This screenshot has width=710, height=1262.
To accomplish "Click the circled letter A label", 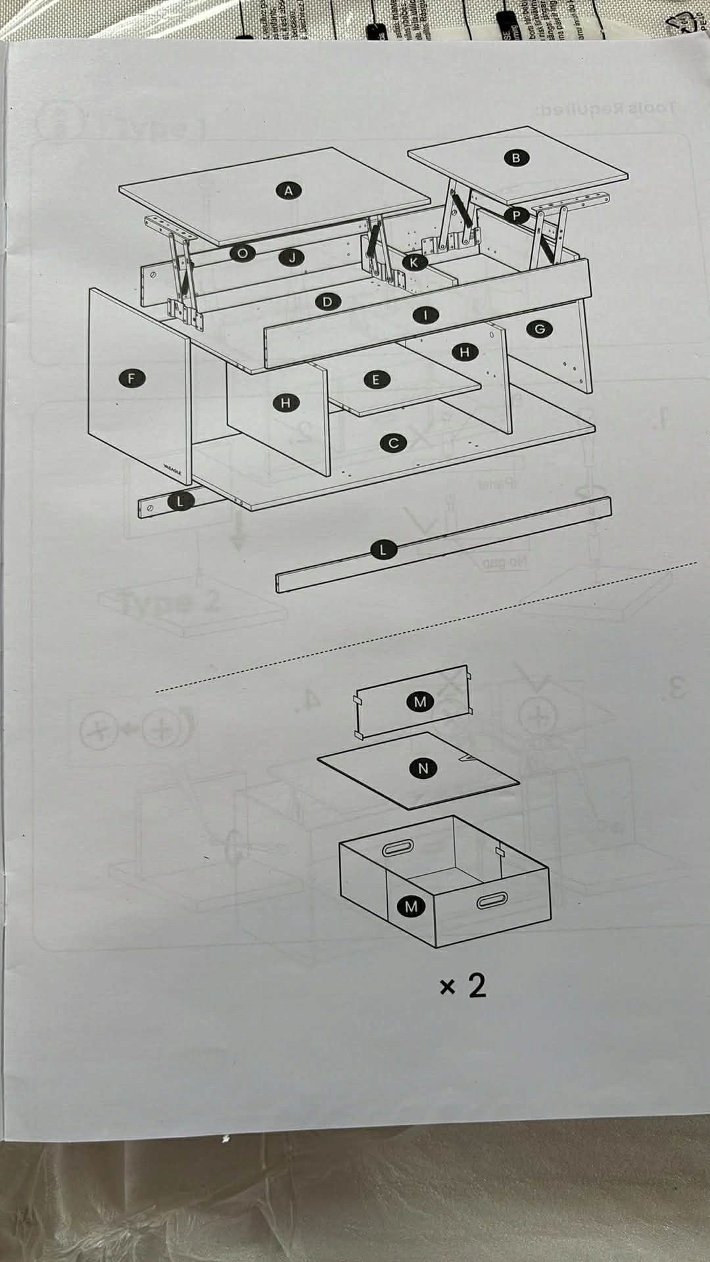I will (x=288, y=191).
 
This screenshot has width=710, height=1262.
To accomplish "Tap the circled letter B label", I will (x=516, y=158).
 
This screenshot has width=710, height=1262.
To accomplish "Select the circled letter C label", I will (x=393, y=443).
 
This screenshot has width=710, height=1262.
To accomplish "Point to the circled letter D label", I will (x=327, y=302).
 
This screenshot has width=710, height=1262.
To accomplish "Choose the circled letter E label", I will (x=376, y=379).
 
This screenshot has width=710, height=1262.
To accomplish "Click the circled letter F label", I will (x=132, y=378).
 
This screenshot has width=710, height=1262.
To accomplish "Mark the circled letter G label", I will (x=540, y=329).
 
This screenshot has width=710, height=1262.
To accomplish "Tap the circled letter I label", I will (x=425, y=315).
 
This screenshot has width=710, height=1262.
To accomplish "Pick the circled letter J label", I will (x=293, y=258).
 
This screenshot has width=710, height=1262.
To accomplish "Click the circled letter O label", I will (x=243, y=253).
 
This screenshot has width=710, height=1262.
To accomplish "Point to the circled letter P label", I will (x=516, y=215).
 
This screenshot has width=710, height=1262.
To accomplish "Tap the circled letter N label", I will (x=423, y=768).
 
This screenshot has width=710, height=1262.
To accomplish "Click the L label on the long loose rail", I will (x=383, y=549).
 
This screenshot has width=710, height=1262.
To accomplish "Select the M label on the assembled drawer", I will (x=411, y=906).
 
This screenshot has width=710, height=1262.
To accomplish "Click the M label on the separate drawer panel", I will (x=420, y=701).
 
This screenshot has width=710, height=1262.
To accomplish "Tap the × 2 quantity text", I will (x=463, y=985).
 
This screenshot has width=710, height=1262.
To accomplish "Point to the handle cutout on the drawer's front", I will (x=492, y=900).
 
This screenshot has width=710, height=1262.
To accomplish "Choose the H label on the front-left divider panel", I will (x=285, y=403).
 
